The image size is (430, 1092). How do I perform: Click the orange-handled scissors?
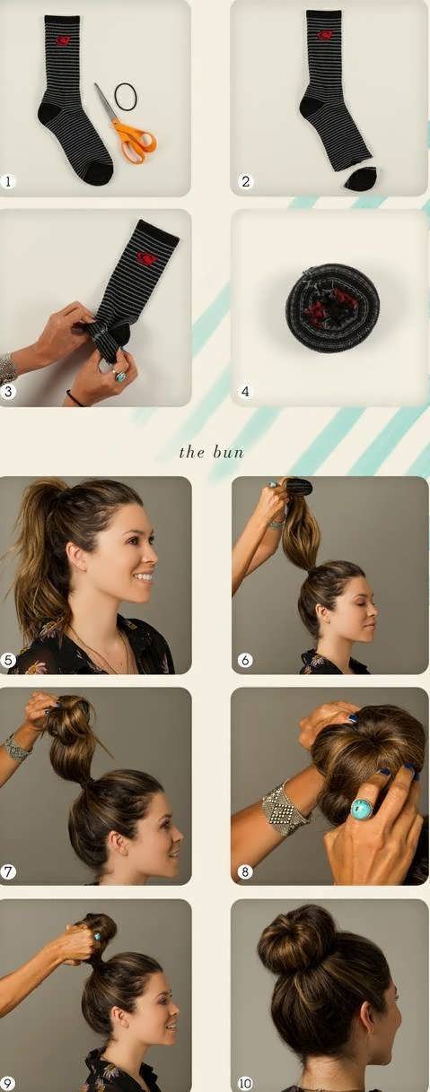[x=129, y=132]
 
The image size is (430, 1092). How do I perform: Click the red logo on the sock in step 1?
[x=63, y=40]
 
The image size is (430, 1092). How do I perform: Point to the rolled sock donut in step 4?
[x=332, y=308]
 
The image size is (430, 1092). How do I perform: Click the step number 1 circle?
[x=6, y=182]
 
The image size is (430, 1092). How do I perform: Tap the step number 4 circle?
[x=245, y=391]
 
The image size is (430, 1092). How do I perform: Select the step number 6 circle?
[x=245, y=660]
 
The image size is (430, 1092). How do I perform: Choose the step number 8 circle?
[x=245, y=871]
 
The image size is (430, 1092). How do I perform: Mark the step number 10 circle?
[x=245, y=1083]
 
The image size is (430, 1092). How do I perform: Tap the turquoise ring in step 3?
[x=120, y=377]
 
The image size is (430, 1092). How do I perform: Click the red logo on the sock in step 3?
[x=145, y=257]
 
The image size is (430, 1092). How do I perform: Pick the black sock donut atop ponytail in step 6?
[x=299, y=487]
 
